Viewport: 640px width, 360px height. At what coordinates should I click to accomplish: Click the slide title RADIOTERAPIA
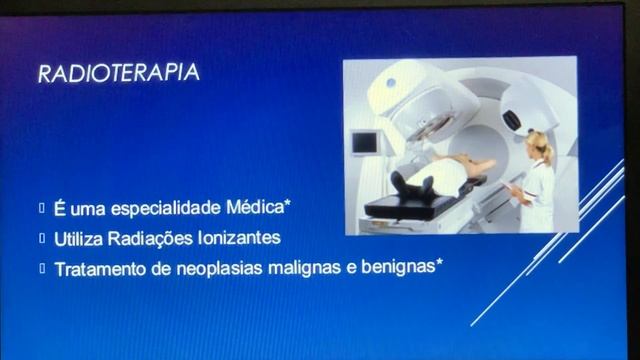coord(117,73)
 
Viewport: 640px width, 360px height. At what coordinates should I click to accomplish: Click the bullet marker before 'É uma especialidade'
coord(43,209)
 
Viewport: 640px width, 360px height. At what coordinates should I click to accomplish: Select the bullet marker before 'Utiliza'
coord(43,239)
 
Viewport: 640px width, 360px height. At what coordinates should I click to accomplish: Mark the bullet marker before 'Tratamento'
coord(43,269)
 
